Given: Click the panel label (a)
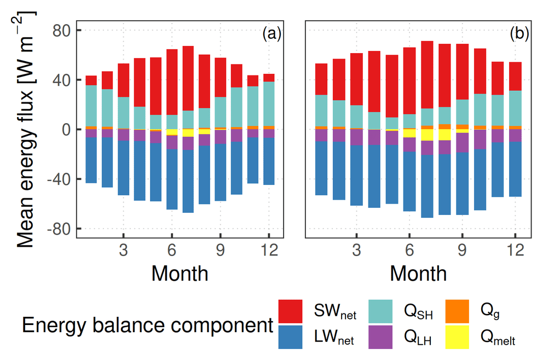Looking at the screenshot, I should [271, 34].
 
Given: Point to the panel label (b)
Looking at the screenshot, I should [519, 34].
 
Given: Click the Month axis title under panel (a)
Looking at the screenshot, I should [180, 272].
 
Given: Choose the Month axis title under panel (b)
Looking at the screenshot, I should [418, 272].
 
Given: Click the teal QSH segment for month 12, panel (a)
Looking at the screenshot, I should [268, 104].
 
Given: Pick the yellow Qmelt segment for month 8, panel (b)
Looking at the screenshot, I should [444, 135].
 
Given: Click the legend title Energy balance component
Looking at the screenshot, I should [147, 326].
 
